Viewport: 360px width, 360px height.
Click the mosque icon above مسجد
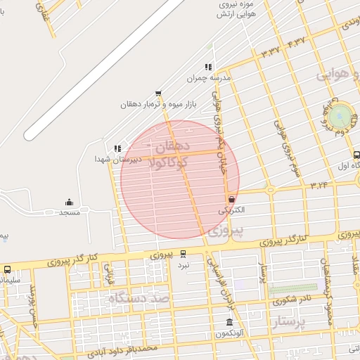(69, 202)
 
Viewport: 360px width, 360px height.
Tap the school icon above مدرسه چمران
(208, 67)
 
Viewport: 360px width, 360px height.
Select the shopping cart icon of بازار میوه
(158, 93)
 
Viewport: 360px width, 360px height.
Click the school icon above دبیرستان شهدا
(117, 148)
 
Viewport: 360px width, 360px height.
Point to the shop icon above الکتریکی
(231, 199)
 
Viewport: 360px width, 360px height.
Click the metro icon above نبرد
(183, 253)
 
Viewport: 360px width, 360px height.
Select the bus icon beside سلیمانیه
(7, 269)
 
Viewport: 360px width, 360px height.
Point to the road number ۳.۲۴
(319, 185)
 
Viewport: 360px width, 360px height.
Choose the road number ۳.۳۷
(270, 51)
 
